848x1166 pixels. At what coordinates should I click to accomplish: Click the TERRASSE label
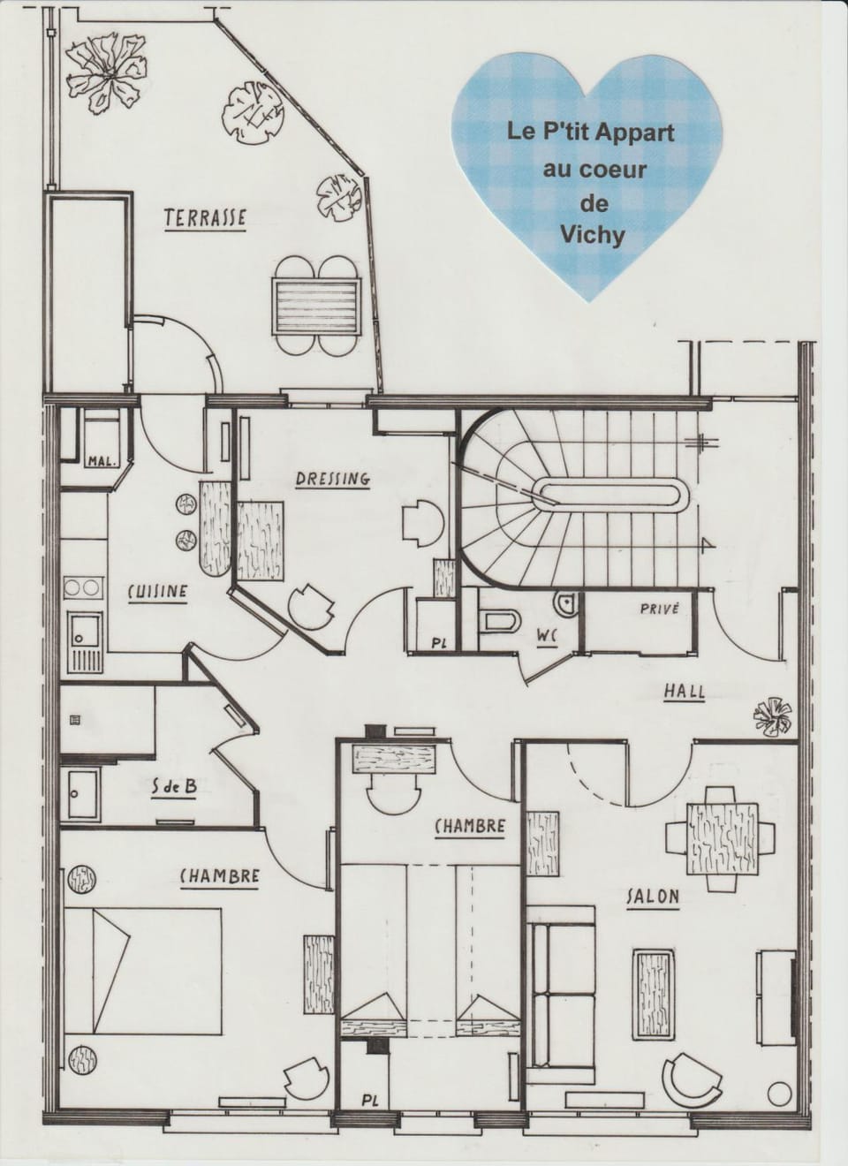205,217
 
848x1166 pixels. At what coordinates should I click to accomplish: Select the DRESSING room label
333,479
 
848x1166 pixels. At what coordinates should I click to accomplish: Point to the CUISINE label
158,592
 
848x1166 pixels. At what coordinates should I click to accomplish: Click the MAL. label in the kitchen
102,462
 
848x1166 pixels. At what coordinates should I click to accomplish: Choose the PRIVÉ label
660,609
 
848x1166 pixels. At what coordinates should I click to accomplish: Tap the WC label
549,637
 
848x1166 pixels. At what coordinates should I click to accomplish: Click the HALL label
685,692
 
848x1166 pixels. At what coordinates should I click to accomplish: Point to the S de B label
174,803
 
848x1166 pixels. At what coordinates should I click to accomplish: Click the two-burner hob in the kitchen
82,588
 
